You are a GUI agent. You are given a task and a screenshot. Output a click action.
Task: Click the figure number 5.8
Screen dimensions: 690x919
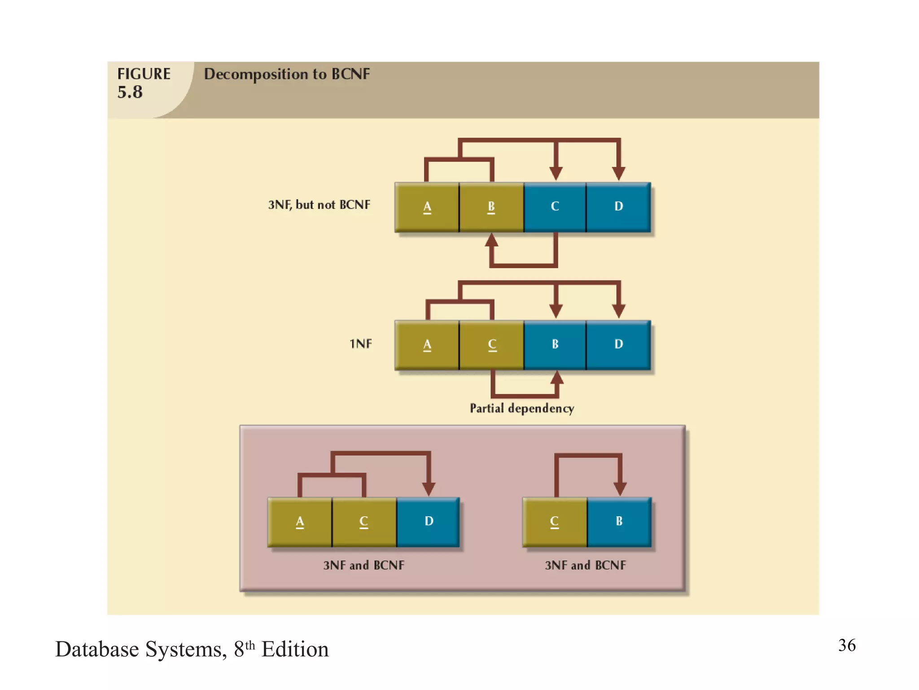(x=130, y=92)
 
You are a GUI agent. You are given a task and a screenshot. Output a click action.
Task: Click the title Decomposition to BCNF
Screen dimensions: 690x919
(x=287, y=74)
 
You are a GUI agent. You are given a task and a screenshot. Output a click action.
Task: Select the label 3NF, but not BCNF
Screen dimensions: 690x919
(x=319, y=205)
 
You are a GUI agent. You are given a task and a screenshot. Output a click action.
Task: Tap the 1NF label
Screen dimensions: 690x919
(x=361, y=344)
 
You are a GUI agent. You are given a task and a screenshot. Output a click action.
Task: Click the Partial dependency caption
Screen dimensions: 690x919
(x=522, y=408)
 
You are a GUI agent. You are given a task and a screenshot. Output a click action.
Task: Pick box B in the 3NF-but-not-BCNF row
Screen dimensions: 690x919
(x=491, y=207)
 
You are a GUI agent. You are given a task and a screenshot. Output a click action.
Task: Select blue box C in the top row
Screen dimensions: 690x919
(x=555, y=207)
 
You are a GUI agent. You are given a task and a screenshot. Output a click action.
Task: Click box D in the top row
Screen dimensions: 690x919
(x=619, y=207)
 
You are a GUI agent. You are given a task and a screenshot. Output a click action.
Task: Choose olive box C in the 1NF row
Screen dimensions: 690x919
(x=492, y=345)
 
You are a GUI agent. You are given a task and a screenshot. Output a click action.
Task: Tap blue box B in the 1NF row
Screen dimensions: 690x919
(x=555, y=345)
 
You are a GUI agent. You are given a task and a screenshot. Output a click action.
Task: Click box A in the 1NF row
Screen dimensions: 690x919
(x=427, y=345)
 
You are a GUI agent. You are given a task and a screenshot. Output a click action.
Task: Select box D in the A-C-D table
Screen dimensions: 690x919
(x=429, y=522)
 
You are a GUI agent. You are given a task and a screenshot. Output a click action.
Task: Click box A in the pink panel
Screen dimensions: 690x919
(x=300, y=522)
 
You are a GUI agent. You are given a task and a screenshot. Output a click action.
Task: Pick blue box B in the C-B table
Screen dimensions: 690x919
(x=619, y=522)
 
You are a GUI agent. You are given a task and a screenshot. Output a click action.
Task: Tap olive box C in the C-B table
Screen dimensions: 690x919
(x=555, y=522)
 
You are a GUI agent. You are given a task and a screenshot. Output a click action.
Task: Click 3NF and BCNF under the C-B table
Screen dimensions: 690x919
(x=585, y=565)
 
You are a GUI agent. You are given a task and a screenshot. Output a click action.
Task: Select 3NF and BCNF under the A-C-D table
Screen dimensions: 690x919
(x=363, y=565)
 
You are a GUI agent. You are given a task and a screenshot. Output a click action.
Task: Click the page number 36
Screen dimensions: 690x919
(x=847, y=646)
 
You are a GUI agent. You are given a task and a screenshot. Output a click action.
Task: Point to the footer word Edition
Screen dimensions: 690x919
(x=295, y=650)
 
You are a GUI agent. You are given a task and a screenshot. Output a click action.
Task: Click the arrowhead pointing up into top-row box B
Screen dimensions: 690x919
(x=492, y=240)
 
